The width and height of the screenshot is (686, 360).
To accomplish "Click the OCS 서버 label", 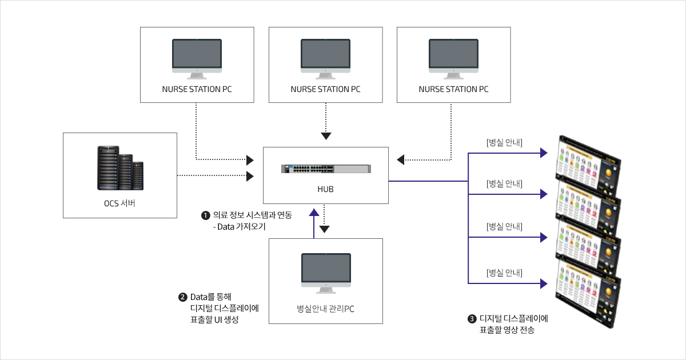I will (x=119, y=204).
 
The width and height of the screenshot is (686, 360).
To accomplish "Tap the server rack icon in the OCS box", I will (x=119, y=169).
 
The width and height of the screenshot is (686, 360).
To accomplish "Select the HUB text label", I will (x=326, y=189).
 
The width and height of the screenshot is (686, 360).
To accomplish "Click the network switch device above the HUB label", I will (x=326, y=169).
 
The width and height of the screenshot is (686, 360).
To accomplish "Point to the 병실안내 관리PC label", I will (x=325, y=309).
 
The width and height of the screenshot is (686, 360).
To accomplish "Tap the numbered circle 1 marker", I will (x=205, y=216).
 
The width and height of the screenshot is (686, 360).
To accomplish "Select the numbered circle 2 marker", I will (x=183, y=297).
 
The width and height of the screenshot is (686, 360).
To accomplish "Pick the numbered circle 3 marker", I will (x=472, y=319).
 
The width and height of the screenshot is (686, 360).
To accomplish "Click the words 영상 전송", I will (x=519, y=330).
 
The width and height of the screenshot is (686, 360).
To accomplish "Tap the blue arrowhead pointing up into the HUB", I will (x=314, y=211).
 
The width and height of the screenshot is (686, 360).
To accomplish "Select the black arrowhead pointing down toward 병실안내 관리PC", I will (x=325, y=229).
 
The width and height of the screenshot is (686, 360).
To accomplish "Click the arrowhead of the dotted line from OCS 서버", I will (x=250, y=177).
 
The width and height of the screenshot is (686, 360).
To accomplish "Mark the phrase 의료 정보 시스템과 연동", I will (x=252, y=215).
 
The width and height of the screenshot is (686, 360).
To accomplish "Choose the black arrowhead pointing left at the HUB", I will (x=401, y=159).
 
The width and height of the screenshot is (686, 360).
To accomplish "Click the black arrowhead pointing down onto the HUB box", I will (x=325, y=136).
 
